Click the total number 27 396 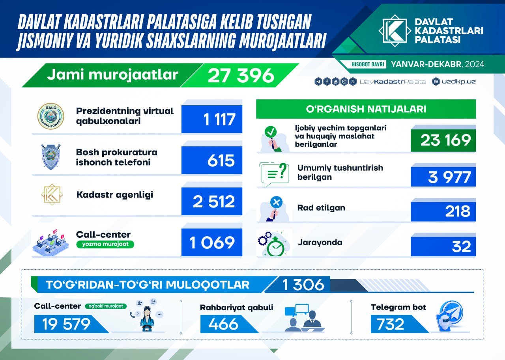241,75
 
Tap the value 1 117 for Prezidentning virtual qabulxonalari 219,119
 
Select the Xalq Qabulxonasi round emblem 51,116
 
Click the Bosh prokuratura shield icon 51,157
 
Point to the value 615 221,160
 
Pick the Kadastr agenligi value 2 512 214,201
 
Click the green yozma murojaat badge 105,244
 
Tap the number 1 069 212,242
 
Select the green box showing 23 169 443,140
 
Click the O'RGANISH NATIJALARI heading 366,109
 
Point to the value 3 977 449,177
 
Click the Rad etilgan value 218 458,211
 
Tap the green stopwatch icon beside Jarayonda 275,246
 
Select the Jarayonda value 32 461,246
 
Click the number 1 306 303,285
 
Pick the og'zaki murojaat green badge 106,306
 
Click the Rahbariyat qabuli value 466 223,324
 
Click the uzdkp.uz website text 458,82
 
